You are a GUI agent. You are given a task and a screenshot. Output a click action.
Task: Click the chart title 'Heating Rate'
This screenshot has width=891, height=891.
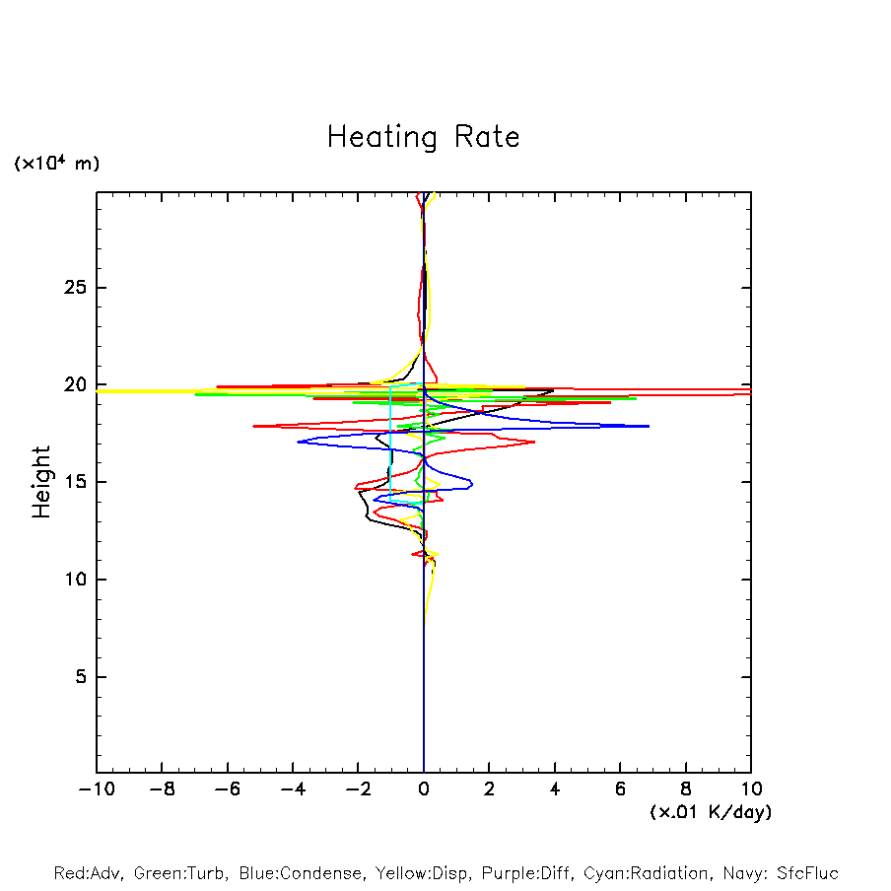(x=423, y=137)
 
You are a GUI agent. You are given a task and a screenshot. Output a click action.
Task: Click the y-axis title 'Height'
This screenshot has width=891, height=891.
(x=41, y=482)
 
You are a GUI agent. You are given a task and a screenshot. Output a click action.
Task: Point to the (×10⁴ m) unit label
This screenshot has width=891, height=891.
(x=56, y=164)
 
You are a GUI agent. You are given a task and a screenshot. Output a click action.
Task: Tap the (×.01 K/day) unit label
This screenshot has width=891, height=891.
(x=711, y=811)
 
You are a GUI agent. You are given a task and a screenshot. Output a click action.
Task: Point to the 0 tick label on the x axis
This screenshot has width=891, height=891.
(x=424, y=789)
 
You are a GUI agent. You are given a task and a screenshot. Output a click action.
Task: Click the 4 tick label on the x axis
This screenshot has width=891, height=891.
(x=555, y=789)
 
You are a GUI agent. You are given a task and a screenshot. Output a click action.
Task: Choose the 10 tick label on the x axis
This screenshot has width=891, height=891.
(x=751, y=789)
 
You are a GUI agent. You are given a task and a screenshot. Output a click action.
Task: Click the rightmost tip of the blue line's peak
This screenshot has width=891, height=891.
(x=649, y=426)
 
